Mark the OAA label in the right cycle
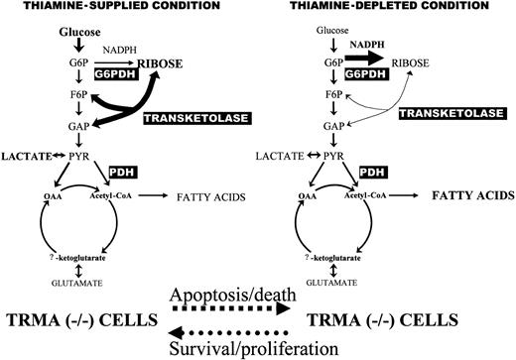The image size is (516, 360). point(306,195)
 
